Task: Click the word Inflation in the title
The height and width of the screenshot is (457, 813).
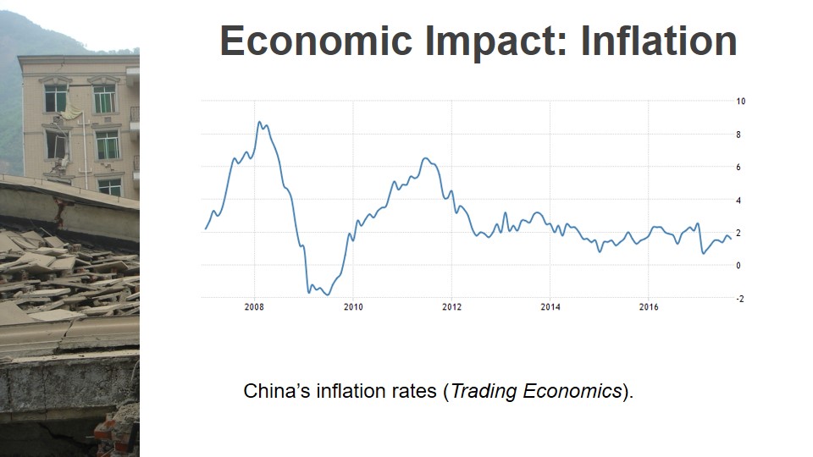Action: pos(659,41)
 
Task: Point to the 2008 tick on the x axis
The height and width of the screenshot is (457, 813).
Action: pos(254,306)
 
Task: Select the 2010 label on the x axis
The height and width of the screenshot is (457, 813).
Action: pos(353,306)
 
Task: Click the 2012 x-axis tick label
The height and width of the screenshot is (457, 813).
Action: pos(451,306)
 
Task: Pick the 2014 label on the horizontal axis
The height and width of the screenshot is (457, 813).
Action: pos(550,306)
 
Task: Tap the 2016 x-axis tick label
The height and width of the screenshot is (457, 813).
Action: pos(649,306)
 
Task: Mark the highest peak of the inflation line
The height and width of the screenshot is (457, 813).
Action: pos(260,122)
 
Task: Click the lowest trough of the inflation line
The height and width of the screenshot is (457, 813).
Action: pos(327,295)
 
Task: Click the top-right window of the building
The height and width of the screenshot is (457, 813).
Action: pos(104,98)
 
